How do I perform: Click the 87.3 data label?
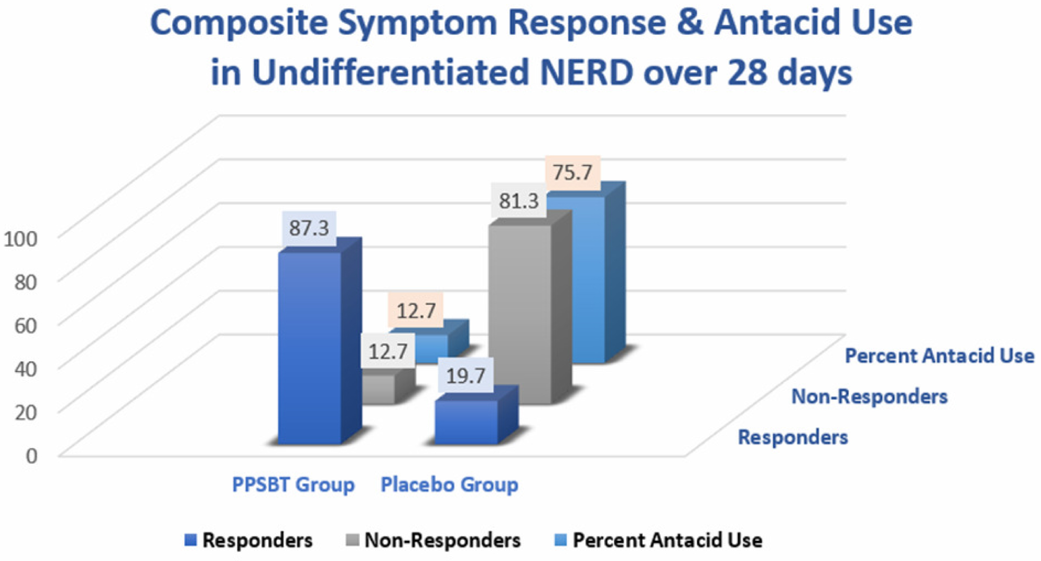point(309,228)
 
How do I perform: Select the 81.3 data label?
point(518,201)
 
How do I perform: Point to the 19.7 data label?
point(465,376)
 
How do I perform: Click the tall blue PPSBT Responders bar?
point(310,349)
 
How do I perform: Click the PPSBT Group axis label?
point(293,484)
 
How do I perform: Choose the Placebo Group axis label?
point(450,484)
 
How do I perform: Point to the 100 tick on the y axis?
point(21,239)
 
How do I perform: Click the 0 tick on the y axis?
point(32,456)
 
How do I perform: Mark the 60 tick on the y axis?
point(26,326)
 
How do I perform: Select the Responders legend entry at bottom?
point(249,540)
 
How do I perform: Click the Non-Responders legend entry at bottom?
point(434,540)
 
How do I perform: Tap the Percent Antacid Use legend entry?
point(659,540)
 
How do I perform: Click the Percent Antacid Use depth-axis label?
point(940,356)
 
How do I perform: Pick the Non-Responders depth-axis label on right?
point(869,397)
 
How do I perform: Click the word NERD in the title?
point(587,72)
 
